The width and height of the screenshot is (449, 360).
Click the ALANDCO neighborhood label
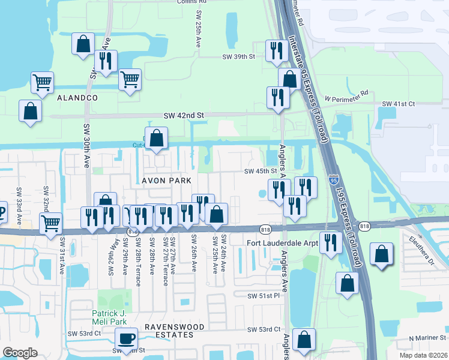pyautogui.click(x=77, y=97)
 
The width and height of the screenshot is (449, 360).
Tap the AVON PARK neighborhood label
pyautogui.click(x=166, y=181)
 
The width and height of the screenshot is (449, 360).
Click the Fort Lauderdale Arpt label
pyautogui.click(x=282, y=243)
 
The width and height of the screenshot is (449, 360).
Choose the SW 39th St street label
pyautogui.click(x=238, y=56)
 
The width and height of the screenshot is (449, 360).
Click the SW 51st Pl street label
pyautogui.click(x=265, y=296)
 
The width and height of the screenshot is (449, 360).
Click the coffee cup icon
pyautogui.click(x=126, y=338)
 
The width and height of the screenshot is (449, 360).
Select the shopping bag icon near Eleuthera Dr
pyautogui.click(x=382, y=254)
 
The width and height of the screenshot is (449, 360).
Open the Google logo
pyautogui.click(x=20, y=353)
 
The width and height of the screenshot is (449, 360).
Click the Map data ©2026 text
pyautogui.click(x=424, y=355)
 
